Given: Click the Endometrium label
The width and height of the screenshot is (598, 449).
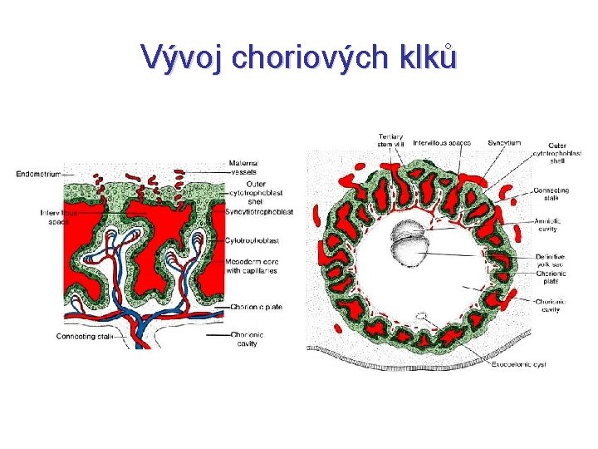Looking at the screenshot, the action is coord(38,173).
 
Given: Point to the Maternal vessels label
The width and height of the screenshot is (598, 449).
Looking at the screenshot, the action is coord(243,167).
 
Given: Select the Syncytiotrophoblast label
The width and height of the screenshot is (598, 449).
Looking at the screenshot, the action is coord(258,212).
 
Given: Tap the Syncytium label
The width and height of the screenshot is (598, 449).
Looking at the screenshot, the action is coord(505,142).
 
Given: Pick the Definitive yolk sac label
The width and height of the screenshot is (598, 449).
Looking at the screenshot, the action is coord(551,260).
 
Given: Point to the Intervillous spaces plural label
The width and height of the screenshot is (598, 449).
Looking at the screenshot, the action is coord(441,142).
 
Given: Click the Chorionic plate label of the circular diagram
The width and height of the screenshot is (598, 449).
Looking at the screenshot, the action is coord(552,278).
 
